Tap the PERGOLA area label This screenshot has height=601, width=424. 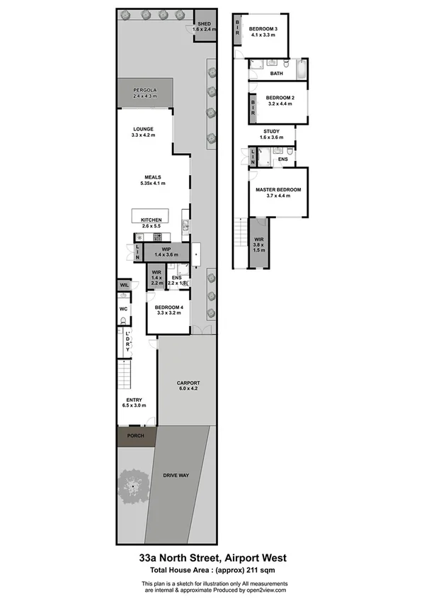click(x=145, y=91)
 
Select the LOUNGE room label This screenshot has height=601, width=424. click(x=143, y=129)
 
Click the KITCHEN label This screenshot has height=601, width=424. click(x=151, y=220)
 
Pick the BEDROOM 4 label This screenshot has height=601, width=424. click(x=168, y=307)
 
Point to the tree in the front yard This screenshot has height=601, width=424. click(x=132, y=486)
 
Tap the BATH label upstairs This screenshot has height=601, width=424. click(x=277, y=73)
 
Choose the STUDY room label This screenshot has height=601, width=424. click(x=272, y=131)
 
